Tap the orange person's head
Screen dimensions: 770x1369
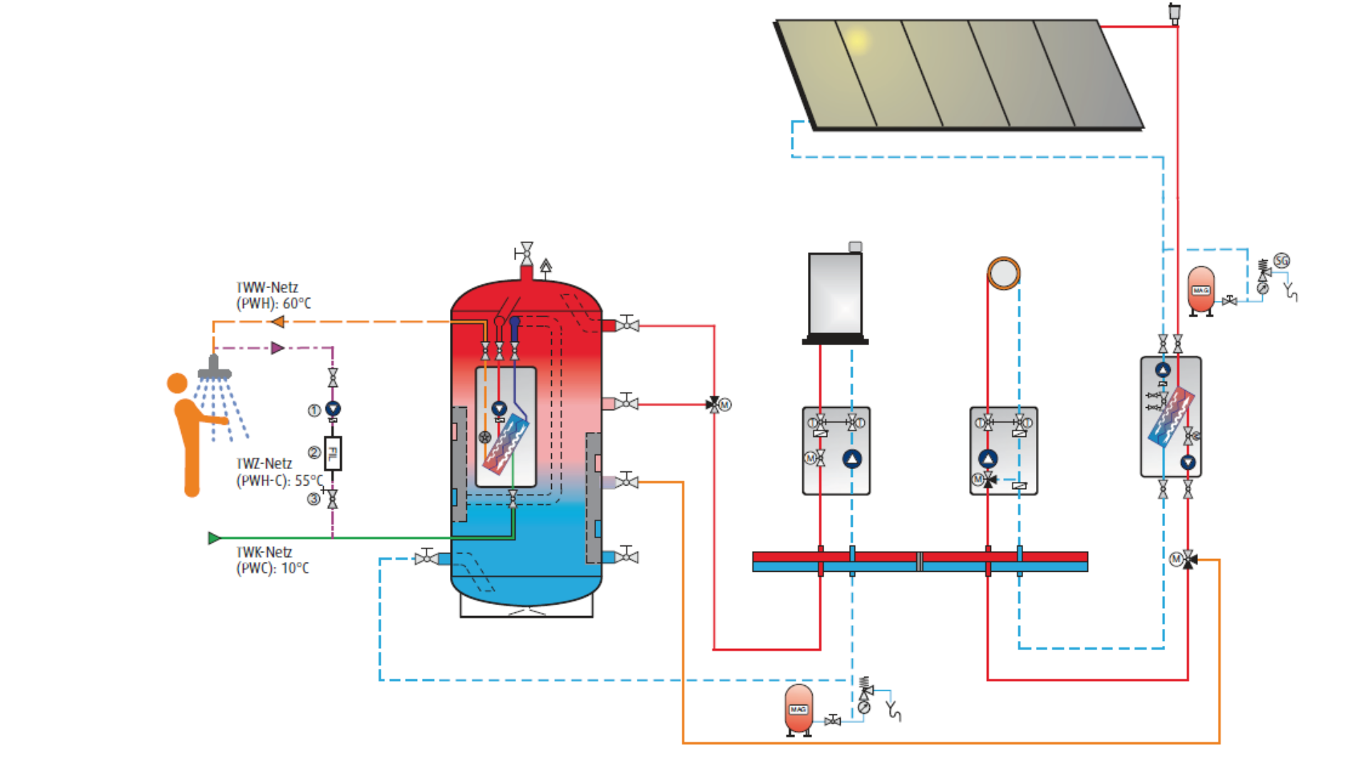coord(177,384)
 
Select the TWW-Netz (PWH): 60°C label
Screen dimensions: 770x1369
coord(273,295)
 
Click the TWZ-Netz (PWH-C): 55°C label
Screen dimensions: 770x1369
coord(278,472)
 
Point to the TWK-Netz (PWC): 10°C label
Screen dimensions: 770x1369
coord(272,560)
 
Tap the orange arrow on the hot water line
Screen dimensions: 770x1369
coord(278,322)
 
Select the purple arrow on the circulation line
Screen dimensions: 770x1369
coord(277,348)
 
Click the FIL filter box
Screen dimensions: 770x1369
coord(333,453)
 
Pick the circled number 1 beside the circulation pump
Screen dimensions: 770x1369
coord(314,411)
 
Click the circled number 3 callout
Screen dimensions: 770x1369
coord(314,499)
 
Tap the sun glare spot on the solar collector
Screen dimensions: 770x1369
coord(858,41)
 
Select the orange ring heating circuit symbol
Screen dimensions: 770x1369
coord(1004,273)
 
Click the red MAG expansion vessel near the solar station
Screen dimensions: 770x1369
coord(1201,290)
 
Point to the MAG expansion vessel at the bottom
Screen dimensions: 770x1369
coord(799,709)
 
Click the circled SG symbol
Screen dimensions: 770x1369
coord(1282,261)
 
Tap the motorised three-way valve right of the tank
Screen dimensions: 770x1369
coord(714,405)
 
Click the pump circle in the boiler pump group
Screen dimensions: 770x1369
coord(852,459)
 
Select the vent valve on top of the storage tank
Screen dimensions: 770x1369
coord(526,253)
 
